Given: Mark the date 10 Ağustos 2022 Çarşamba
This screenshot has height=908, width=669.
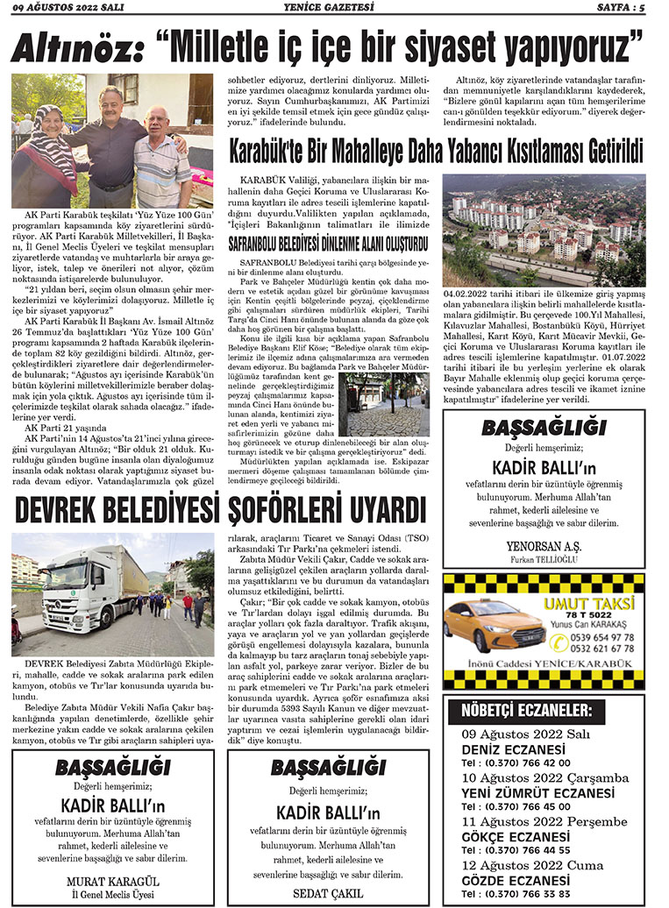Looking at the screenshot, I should [544, 777].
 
